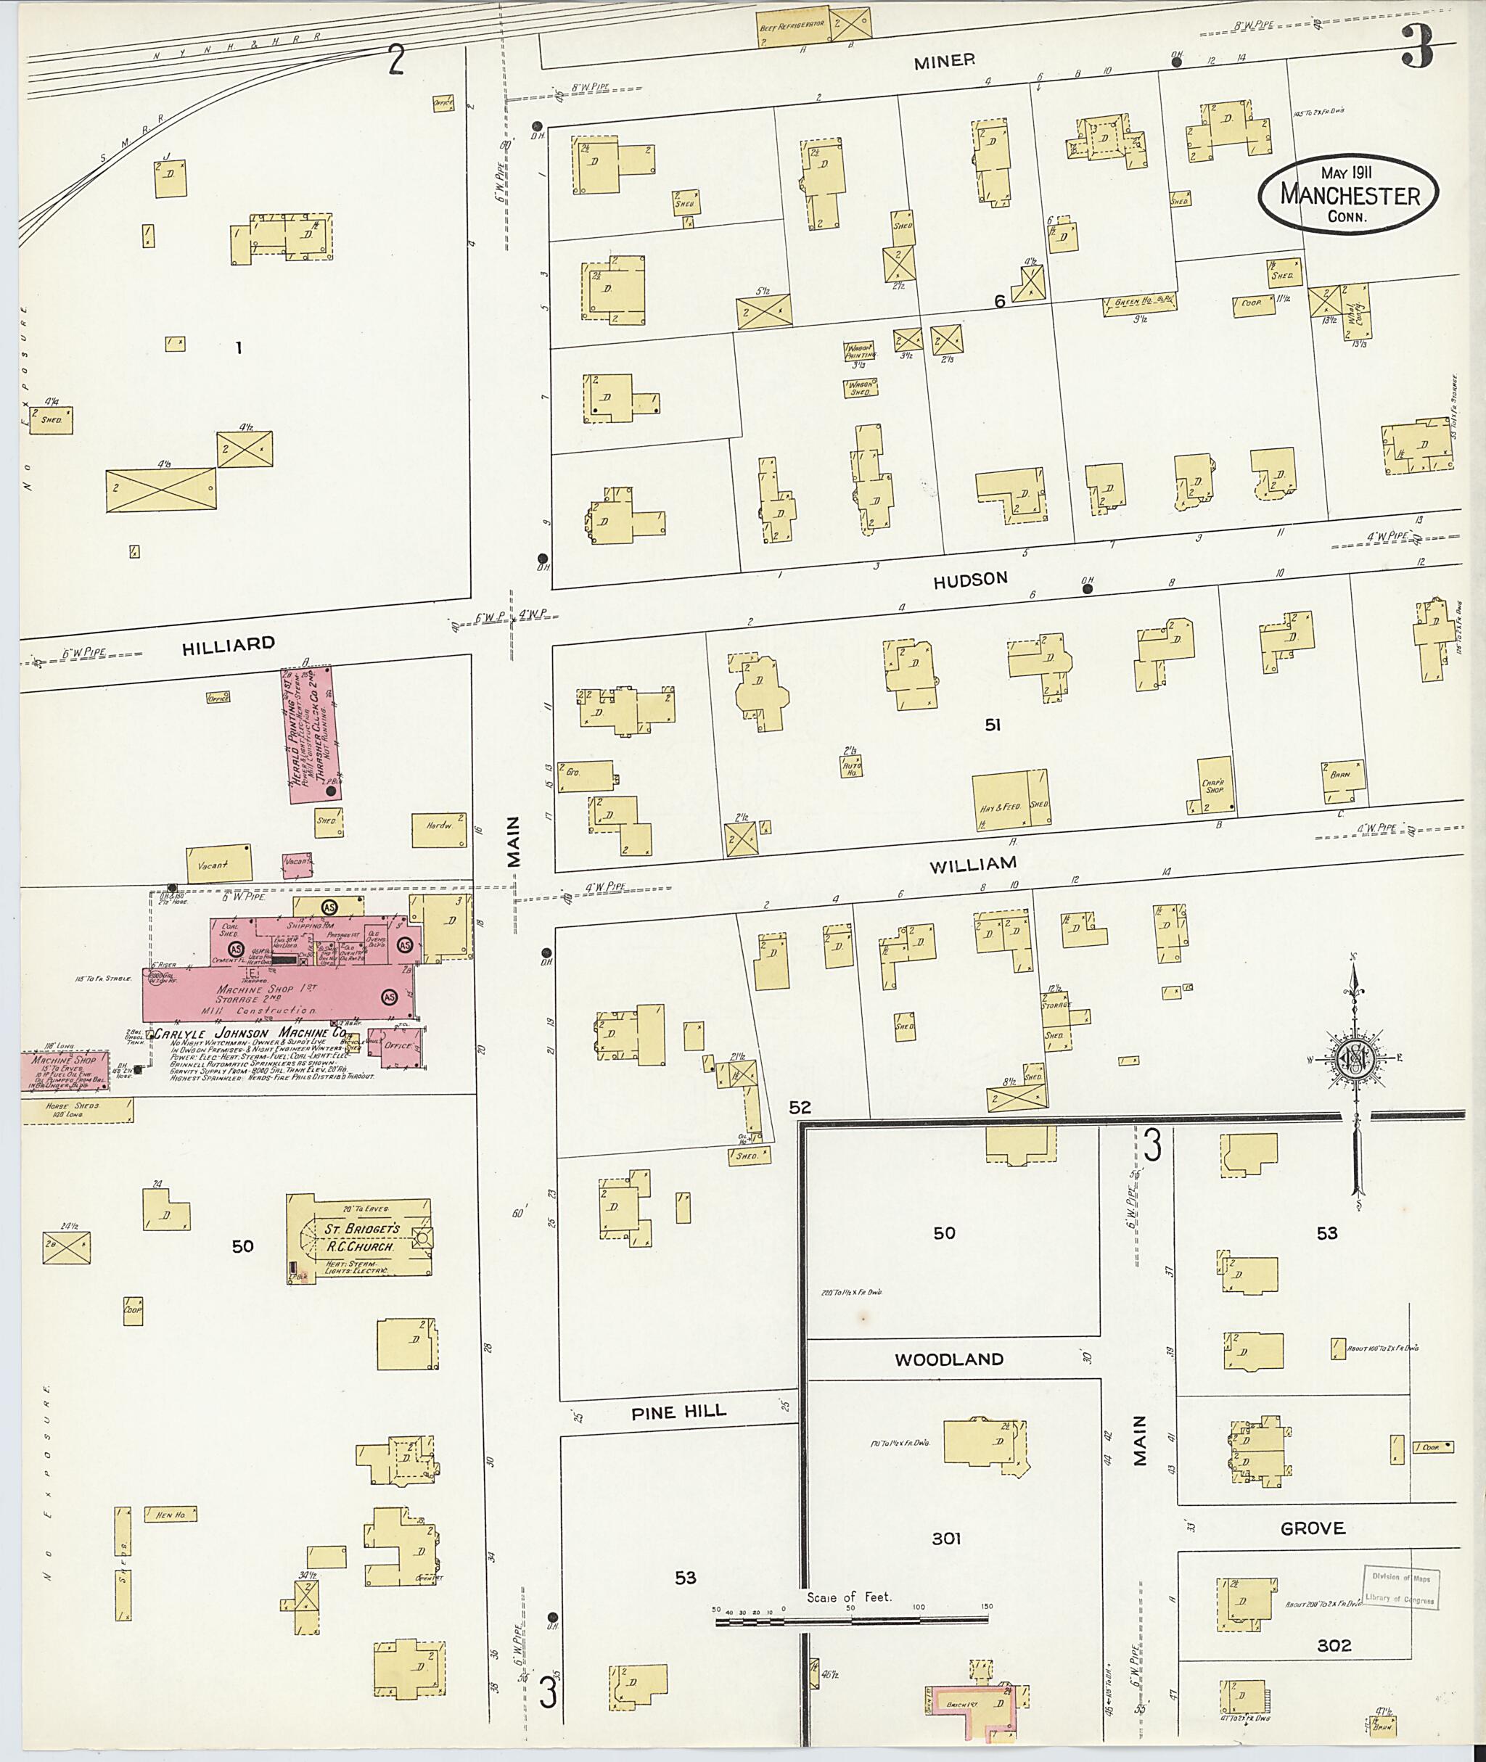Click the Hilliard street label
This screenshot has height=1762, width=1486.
pos(229,644)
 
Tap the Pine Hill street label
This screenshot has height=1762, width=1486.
pos(678,1412)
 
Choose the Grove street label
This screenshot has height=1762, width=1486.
pos(1312,1528)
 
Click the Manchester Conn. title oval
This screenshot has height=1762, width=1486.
pos(1348,194)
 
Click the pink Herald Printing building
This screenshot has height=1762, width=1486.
pos(309,733)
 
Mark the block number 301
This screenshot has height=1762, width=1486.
pos(946,1539)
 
